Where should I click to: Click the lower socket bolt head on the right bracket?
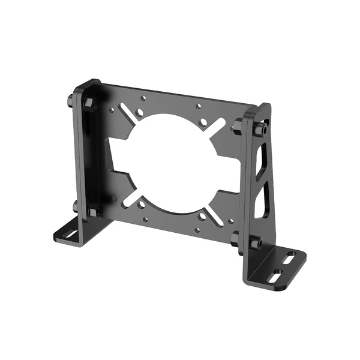[x=256, y=244]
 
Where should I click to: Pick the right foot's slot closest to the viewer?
[x=277, y=277]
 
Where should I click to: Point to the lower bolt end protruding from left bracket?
[x=76, y=207]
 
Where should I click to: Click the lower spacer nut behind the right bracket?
[x=236, y=238]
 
